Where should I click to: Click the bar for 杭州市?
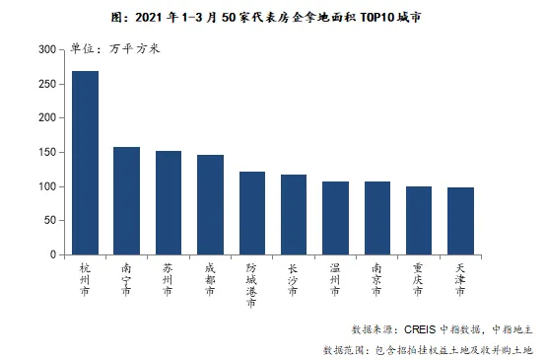(x=85, y=163)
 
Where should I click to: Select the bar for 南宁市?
(x=126, y=201)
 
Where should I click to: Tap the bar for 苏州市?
(x=169, y=203)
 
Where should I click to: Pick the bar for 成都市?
(x=210, y=205)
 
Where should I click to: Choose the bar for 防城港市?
(x=251, y=213)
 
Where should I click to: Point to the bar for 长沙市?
(x=294, y=215)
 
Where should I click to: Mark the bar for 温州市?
(x=335, y=218)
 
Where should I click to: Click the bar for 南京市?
(x=377, y=218)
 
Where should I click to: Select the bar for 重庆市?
(x=419, y=221)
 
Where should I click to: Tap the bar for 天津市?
(x=460, y=221)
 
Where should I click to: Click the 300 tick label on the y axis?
(x=47, y=49)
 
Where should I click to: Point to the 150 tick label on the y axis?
(x=47, y=152)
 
